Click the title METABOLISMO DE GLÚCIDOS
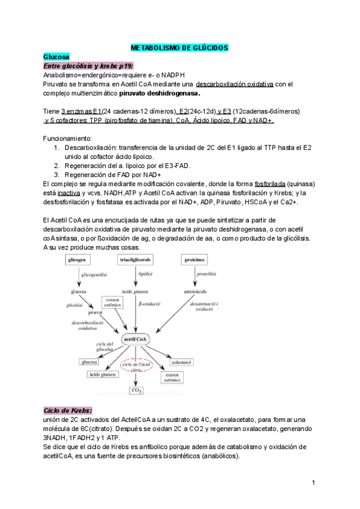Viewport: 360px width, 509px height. pos(180,47)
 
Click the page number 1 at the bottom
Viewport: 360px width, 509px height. pos(314,483)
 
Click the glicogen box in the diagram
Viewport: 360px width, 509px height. pos(80,259)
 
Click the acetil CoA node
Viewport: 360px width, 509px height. pos(136,339)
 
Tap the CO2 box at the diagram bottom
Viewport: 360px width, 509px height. pos(136,391)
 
